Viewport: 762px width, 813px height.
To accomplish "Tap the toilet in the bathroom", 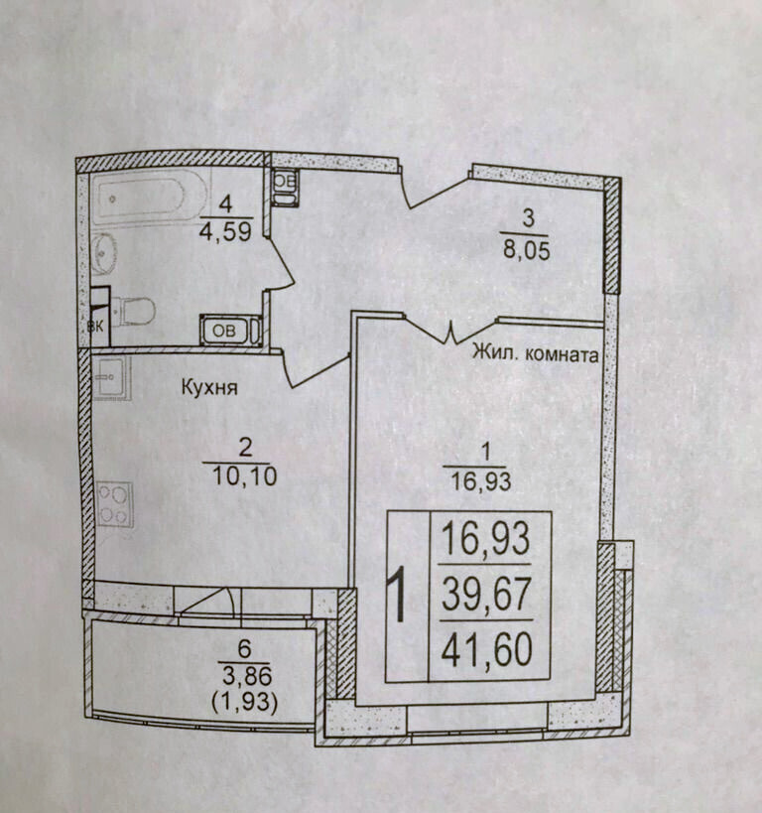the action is click(133, 311).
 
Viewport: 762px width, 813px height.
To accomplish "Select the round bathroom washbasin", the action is click(105, 252).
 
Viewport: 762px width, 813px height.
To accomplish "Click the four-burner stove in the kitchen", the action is click(114, 504).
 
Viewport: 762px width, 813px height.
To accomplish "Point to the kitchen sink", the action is click(111, 376).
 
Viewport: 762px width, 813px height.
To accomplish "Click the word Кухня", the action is click(209, 387).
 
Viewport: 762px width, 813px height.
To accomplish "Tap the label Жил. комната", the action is click(535, 354).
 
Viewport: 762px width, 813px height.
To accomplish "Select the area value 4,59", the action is click(226, 231).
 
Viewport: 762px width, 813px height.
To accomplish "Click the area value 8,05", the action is click(526, 251).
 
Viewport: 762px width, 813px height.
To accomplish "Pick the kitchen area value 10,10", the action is click(245, 475).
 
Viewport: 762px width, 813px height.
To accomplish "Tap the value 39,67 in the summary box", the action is click(487, 595).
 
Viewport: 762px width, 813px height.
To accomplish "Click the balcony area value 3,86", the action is click(247, 676).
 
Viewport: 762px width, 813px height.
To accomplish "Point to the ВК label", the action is click(95, 327).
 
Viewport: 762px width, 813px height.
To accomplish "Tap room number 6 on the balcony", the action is click(244, 648).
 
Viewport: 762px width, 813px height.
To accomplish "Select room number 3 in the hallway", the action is click(528, 218).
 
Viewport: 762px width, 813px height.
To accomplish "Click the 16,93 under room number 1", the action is click(481, 481).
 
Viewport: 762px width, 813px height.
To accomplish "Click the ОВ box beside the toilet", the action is click(224, 331).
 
